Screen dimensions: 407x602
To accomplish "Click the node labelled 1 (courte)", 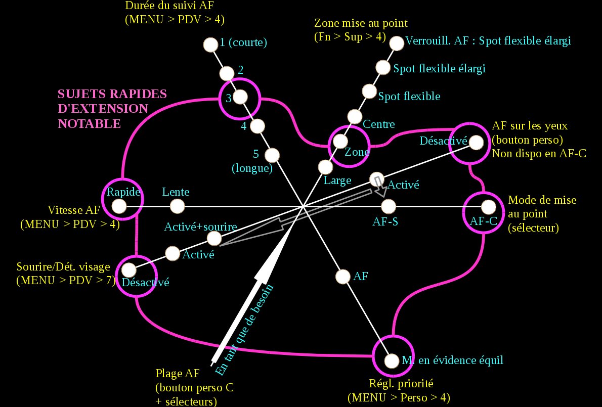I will tap(209, 44).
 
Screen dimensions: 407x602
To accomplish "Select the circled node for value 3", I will tap(240, 96).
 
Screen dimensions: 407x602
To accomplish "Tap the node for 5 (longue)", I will tap(272, 154).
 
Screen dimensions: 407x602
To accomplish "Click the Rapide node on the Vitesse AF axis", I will tap(119, 206).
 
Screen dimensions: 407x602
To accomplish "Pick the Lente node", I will tap(177, 206).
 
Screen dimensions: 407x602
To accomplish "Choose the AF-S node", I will tap(388, 206).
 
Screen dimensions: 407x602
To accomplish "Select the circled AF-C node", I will tap(488, 207).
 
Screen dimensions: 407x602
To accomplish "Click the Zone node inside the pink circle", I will tap(340, 141).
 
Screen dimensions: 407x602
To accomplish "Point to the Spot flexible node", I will tap(370, 92).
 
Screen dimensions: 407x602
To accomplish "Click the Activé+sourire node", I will tap(214, 238).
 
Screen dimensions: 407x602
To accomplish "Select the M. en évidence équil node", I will tap(392, 361).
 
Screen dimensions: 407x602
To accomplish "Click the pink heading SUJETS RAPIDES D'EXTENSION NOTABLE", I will tap(112, 109).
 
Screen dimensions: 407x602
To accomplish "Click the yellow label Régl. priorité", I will tap(398, 383).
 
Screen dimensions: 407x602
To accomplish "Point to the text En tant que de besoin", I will tap(245, 330).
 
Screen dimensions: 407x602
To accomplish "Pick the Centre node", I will tap(355, 117).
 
